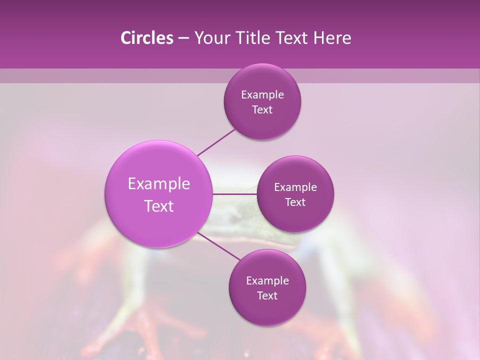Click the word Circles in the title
tap(147, 38)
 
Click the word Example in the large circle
tap(159, 184)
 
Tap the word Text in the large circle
tap(159, 206)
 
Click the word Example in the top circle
tap(262, 95)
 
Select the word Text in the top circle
tap(262, 110)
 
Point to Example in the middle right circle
tap(295, 187)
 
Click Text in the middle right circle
tap(295, 202)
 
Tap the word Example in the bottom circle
tap(267, 281)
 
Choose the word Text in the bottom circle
tap(267, 296)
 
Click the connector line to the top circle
tap(216, 142)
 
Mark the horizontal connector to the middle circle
tap(235, 193)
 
